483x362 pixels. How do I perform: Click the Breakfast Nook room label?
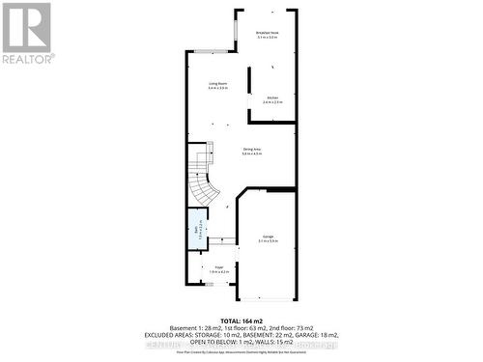coord(268,33)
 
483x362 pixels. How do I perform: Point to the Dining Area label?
coord(253,150)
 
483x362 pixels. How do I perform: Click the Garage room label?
coord(268,238)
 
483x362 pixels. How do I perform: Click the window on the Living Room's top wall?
coord(207,52)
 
